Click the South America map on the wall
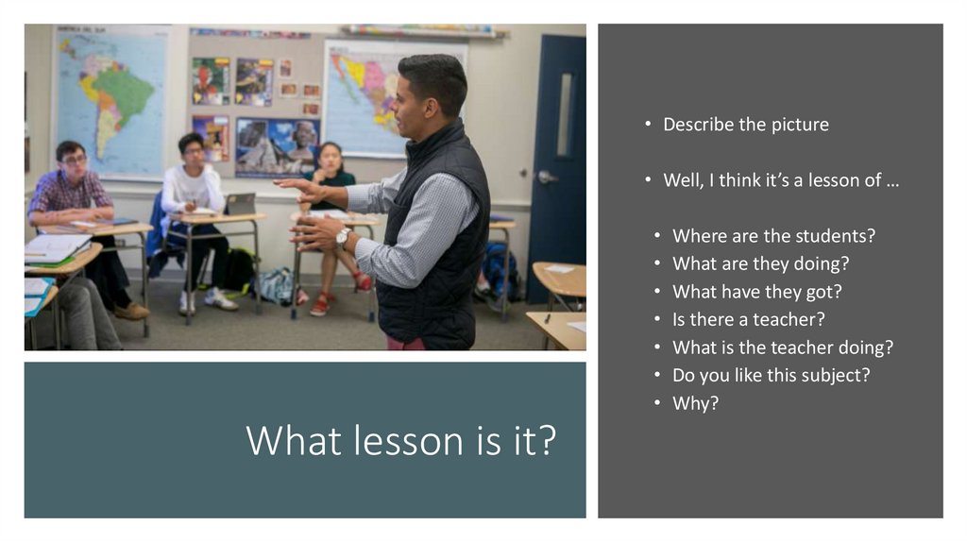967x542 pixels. pyautogui.click(x=111, y=99)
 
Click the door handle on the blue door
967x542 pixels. pyautogui.click(x=545, y=177)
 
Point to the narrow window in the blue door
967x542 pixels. pyautogui.click(x=564, y=114)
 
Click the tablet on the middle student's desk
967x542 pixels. pyautogui.click(x=240, y=203)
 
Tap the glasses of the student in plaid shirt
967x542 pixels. pyautogui.click(x=73, y=161)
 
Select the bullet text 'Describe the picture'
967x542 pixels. pyautogui.click(x=745, y=125)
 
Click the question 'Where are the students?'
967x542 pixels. pyautogui.click(x=773, y=236)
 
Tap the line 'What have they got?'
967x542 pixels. pyautogui.click(x=756, y=292)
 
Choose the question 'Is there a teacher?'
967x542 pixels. pyautogui.click(x=748, y=319)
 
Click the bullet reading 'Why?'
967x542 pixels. pyautogui.click(x=695, y=403)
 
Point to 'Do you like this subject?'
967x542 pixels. pyautogui.click(x=771, y=375)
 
